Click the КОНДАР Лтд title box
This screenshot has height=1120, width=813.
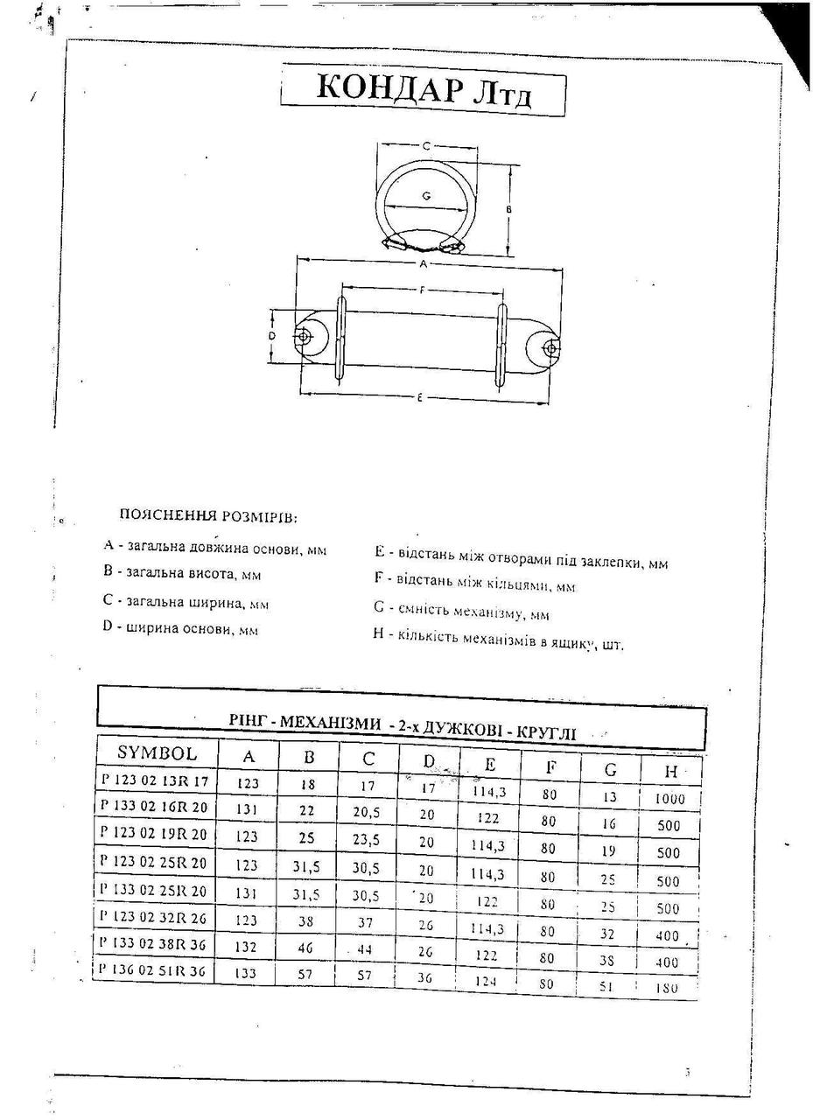pyautogui.click(x=423, y=90)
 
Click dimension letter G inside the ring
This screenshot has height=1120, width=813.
pyautogui.click(x=425, y=197)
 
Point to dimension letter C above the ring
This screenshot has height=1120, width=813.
pyautogui.click(x=425, y=146)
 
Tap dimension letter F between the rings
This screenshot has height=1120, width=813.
pyautogui.click(x=423, y=290)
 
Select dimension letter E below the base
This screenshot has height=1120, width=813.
pyautogui.click(x=420, y=398)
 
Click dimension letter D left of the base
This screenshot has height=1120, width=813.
pyautogui.click(x=272, y=335)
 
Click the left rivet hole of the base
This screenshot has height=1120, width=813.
pyautogui.click(x=303, y=337)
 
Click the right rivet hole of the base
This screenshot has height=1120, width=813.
pyautogui.click(x=550, y=348)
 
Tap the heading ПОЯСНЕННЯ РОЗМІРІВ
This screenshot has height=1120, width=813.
pyautogui.click(x=208, y=516)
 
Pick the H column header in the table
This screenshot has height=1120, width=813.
pyautogui.click(x=671, y=771)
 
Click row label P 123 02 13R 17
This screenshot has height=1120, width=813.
pyautogui.click(x=155, y=780)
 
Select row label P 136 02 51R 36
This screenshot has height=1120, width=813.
pyautogui.click(x=154, y=971)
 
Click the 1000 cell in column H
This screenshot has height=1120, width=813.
pyautogui.click(x=669, y=799)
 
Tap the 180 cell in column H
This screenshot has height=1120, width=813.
pyautogui.click(x=668, y=987)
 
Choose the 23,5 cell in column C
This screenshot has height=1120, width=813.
pyautogui.click(x=368, y=838)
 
